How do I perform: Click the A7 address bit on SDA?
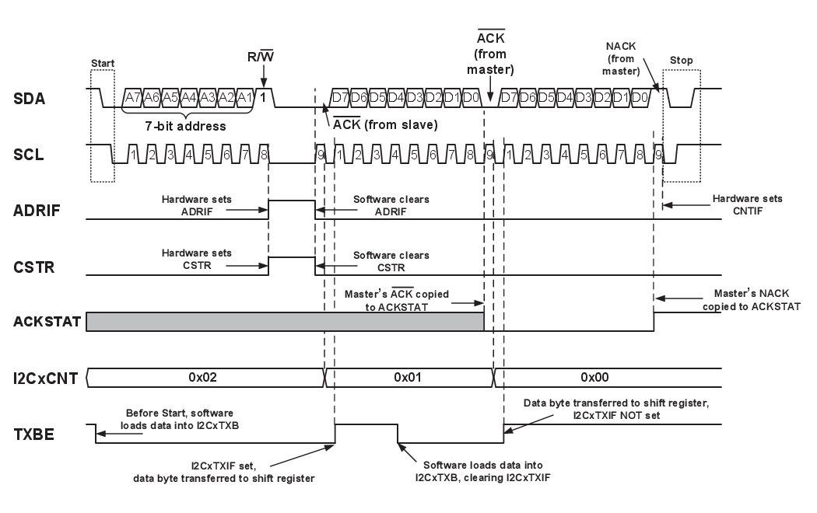[132, 97]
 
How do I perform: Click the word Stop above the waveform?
[681, 61]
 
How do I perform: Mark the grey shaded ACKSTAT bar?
[285, 322]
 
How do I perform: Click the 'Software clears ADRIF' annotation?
[392, 204]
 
